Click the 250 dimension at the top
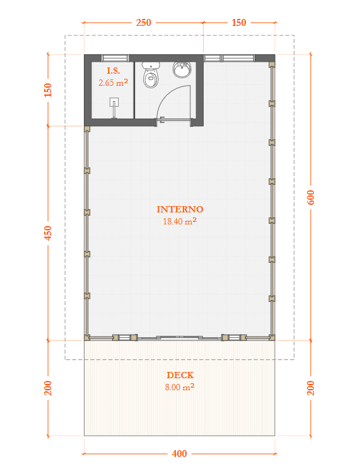point(143,23)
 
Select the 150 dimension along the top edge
point(239,23)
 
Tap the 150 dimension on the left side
point(48,90)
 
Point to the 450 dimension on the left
point(48,233)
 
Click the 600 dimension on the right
point(310,197)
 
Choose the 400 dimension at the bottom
point(179,454)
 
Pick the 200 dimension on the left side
point(48,388)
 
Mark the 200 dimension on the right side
point(310,388)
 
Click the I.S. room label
point(113,71)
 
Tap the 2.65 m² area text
point(113,82)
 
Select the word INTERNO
point(180,209)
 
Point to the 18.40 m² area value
point(180,221)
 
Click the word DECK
point(180,376)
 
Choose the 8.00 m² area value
point(180,388)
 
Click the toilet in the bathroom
point(151,76)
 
